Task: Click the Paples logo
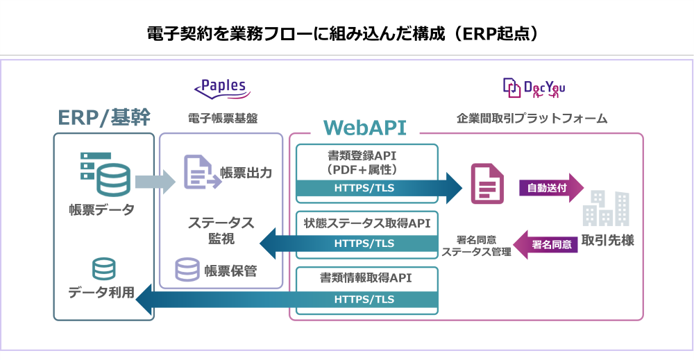click(x=221, y=87)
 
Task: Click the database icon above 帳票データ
click(x=105, y=173)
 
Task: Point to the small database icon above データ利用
click(x=103, y=269)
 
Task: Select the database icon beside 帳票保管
click(x=187, y=270)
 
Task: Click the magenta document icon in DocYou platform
click(x=486, y=184)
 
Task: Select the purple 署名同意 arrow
click(x=548, y=244)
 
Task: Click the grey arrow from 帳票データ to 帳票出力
click(x=155, y=182)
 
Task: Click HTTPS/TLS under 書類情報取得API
click(x=364, y=300)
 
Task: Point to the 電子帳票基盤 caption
click(x=222, y=118)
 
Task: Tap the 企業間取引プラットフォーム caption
click(x=532, y=118)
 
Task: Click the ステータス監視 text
click(x=221, y=231)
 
